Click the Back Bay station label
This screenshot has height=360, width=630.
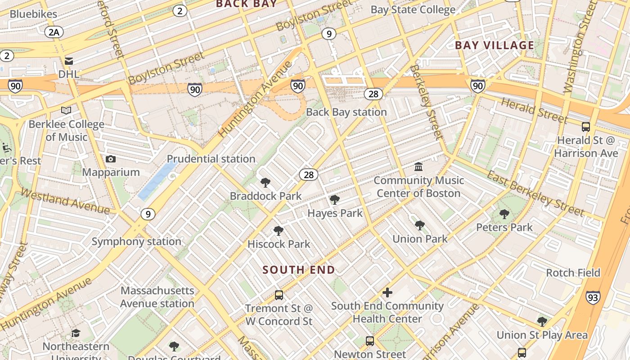point(346,112)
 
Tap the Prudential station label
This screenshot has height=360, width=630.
point(211,159)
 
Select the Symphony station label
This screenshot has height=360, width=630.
point(136,242)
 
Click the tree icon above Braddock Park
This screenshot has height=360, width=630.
point(265,183)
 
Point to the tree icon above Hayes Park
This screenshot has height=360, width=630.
point(334,200)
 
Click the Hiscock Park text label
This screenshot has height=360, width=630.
point(279,244)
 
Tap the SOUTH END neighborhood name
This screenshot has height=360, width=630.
point(299,270)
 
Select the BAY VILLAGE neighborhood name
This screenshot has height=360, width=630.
point(494,45)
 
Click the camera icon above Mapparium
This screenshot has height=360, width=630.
point(110,159)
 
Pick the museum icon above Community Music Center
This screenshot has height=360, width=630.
point(418,167)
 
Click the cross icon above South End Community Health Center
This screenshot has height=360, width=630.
point(387,293)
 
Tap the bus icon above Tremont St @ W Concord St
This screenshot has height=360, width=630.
point(279,295)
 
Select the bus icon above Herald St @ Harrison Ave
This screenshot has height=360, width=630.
point(585,127)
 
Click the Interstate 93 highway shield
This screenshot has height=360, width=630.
point(593,297)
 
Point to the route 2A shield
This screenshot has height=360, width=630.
point(54,32)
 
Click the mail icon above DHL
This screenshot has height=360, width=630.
point(69,61)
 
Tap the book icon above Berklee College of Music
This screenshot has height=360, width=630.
point(66,111)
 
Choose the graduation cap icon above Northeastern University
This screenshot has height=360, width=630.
point(76,333)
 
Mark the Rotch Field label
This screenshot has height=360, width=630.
point(573,273)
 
